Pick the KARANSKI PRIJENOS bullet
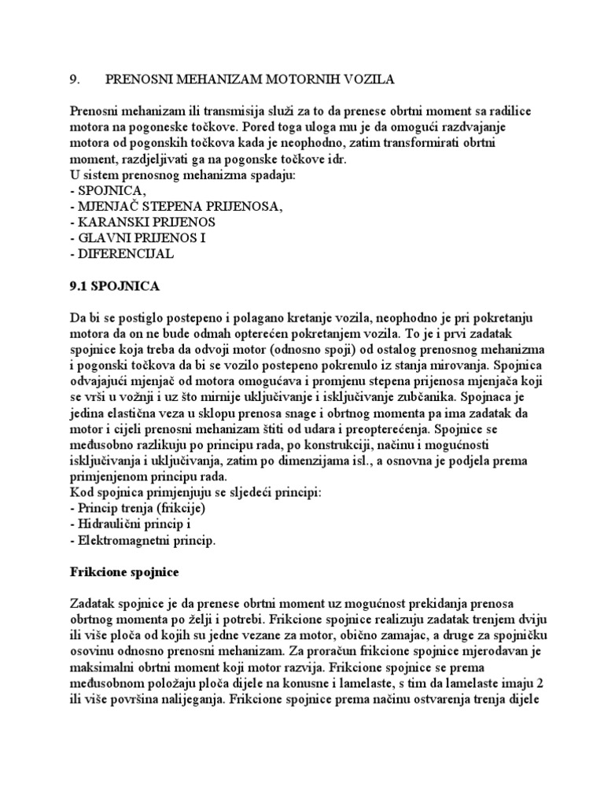point(142,222)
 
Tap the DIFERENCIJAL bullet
point(122,254)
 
